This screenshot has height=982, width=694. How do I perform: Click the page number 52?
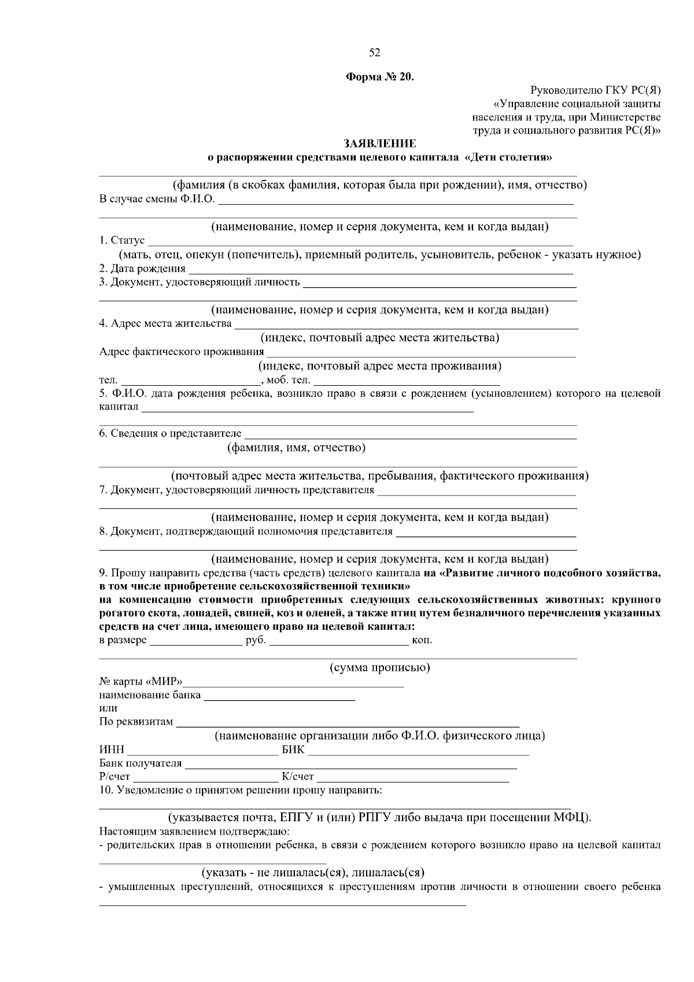(x=374, y=53)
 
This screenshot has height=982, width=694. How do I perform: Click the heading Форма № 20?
(x=380, y=77)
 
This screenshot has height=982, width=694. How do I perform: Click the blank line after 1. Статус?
(x=359, y=242)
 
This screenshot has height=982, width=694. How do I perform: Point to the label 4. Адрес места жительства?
(x=165, y=323)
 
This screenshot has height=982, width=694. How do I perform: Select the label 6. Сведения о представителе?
(x=171, y=434)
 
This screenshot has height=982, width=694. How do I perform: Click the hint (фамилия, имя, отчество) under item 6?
(x=296, y=448)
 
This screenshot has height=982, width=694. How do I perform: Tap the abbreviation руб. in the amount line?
(x=256, y=640)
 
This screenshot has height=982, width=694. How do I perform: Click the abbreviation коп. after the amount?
(x=422, y=640)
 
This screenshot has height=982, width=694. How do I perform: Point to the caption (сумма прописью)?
(x=380, y=668)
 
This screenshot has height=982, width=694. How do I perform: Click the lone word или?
(x=108, y=708)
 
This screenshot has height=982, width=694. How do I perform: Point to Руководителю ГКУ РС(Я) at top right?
(x=595, y=90)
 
